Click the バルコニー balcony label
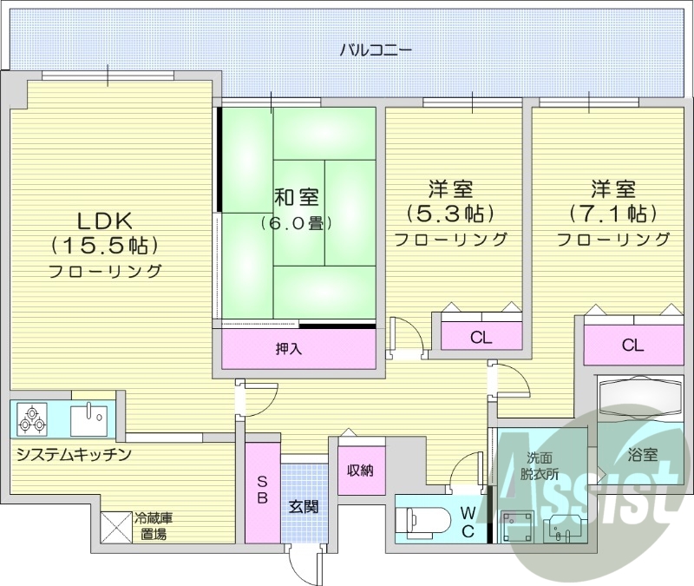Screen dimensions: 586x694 375,49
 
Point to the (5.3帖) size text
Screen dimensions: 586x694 450,213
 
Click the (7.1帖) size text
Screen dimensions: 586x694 613,213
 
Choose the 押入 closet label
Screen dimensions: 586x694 288,349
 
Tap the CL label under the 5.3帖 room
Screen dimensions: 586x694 481,336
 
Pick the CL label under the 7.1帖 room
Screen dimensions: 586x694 632,346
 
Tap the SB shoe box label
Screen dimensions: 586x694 263,491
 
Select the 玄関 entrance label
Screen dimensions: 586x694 304,506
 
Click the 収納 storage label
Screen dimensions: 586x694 360,471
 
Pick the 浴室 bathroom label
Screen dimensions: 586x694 642,454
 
